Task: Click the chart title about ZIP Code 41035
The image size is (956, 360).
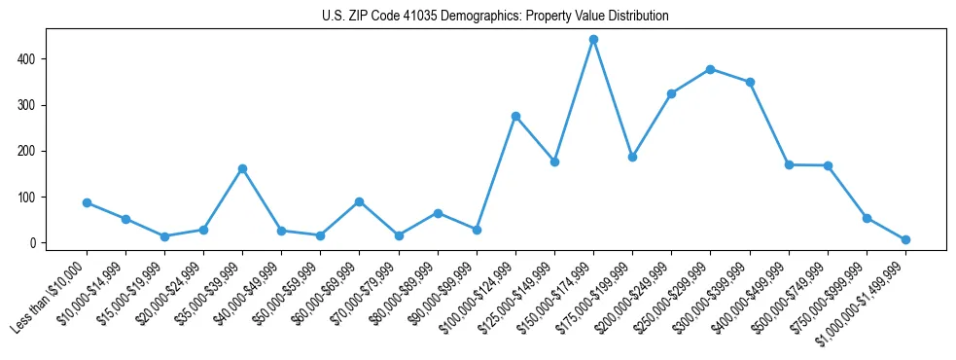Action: click(495, 17)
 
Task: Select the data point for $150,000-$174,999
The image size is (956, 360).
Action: click(593, 40)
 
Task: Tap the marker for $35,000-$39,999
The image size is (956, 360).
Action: click(242, 168)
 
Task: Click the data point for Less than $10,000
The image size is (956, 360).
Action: click(87, 202)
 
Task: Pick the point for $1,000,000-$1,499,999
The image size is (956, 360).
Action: click(905, 239)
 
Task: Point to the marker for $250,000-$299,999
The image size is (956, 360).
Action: click(710, 69)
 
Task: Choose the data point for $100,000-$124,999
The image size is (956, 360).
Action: click(515, 116)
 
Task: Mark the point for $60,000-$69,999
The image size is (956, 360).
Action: click(359, 201)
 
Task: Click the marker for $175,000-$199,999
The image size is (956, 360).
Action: click(632, 157)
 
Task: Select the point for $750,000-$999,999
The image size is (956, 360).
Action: click(867, 218)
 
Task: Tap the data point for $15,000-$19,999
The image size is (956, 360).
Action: click(164, 236)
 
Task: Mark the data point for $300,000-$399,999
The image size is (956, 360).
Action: click(750, 82)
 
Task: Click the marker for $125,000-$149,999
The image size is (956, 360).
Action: click(554, 162)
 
